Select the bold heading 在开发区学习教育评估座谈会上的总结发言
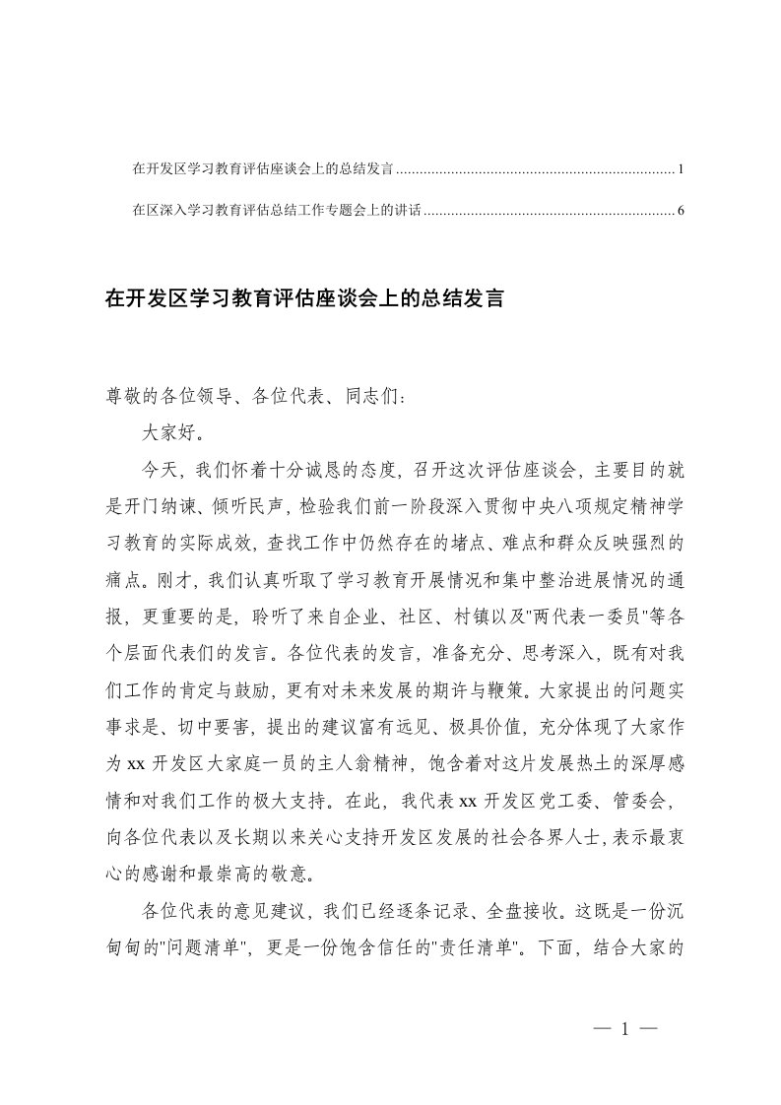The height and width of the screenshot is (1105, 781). click(304, 299)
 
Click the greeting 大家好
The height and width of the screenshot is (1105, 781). click(169, 431)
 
